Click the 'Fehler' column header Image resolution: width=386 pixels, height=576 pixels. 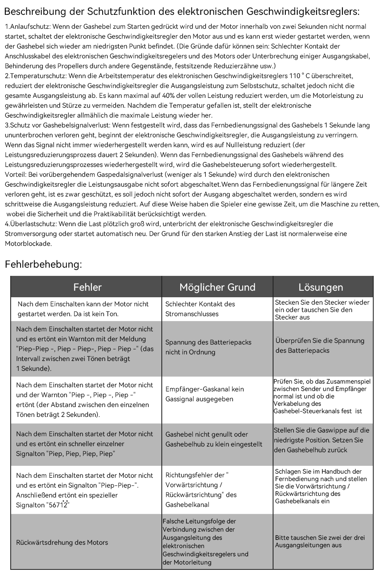click(87, 287)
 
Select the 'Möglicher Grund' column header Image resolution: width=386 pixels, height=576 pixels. click(217, 287)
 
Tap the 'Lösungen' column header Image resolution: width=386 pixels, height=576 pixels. click(321, 287)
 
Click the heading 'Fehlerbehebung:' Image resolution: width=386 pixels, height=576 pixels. click(44, 264)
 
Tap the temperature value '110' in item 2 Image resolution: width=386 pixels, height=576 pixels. click(295, 76)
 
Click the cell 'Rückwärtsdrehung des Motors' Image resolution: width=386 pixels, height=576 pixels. click(62, 542)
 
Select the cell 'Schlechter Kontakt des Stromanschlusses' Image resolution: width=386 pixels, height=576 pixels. click(200, 309)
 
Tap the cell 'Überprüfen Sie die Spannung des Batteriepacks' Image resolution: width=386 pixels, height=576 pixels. click(320, 345)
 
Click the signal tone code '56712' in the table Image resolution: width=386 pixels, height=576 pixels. click(59, 505)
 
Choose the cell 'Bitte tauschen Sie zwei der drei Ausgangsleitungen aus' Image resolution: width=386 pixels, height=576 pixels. click(320, 541)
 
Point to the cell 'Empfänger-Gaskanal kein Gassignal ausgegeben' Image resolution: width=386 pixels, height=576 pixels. click(204, 394)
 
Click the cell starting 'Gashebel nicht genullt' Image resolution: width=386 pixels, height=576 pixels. click(214, 439)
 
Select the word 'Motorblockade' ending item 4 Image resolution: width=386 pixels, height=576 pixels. click(28, 244)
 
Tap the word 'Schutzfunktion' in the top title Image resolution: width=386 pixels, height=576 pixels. click(114, 12)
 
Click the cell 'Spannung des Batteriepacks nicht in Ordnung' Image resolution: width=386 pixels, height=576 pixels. click(208, 347)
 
